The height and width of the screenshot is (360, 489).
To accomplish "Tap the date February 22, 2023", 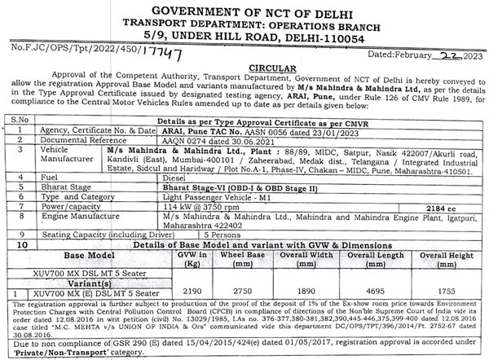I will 422,53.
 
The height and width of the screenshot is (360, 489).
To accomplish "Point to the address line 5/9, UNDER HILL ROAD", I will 244,37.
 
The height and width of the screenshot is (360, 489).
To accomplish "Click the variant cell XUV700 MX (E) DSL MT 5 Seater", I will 81,291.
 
